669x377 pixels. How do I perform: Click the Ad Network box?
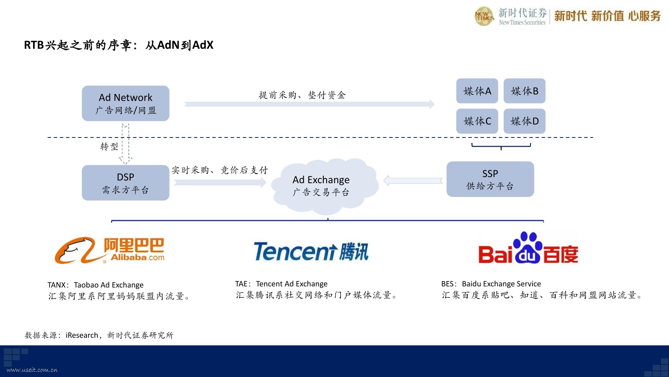125,103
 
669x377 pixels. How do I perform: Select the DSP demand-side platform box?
125,183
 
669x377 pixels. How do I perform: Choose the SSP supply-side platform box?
490,179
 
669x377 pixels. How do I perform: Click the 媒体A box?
477,91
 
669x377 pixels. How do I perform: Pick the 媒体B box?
525,91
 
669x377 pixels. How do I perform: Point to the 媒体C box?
477,121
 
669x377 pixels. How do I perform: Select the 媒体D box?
525,121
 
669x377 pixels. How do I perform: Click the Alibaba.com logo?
109,251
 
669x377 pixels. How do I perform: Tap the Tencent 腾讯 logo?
311,252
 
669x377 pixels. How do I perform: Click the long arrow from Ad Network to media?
309,104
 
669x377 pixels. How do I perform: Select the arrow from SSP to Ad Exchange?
413,181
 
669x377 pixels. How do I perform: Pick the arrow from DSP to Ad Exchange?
220,182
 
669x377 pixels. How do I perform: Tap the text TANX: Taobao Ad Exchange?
95,285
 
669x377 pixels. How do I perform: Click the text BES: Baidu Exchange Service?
491,284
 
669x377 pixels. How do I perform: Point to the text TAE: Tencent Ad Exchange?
281,284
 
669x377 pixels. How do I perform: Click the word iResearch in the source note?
82,335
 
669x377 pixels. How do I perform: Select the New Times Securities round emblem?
484,16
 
